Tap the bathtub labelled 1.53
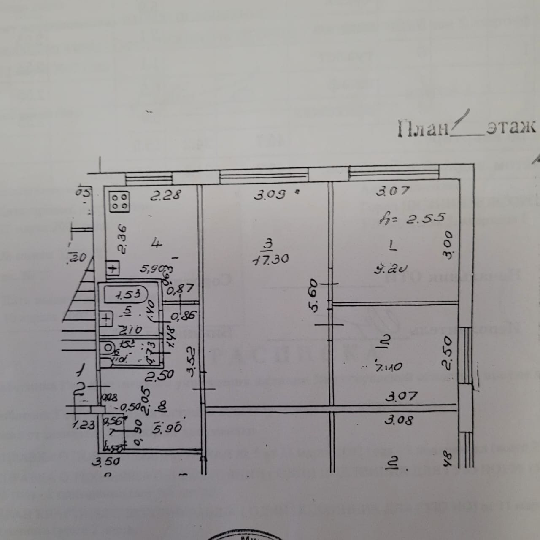[126, 294]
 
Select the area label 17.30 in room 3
[270, 259]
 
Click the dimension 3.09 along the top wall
[270, 195]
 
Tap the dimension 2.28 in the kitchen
[166, 196]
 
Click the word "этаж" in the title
[510, 127]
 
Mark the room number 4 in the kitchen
[157, 243]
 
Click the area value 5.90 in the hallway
[168, 428]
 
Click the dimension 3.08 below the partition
[400, 420]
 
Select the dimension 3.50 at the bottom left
[106, 462]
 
